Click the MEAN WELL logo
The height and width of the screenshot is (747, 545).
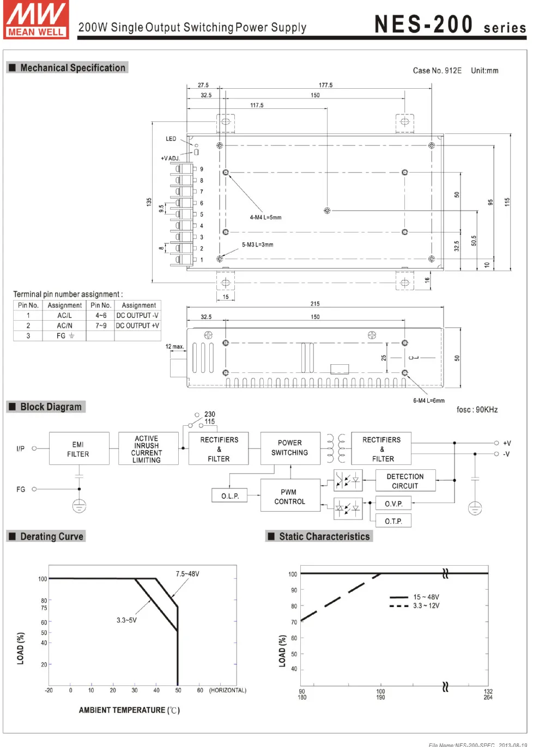pyautogui.click(x=36, y=20)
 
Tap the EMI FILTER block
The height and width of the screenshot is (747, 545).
pyautogui.click(x=79, y=449)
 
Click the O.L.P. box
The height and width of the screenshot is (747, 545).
pyautogui.click(x=229, y=495)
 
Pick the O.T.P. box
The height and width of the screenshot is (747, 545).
pyautogui.click(x=393, y=521)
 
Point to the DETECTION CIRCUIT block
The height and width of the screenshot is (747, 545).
pyautogui.click(x=405, y=481)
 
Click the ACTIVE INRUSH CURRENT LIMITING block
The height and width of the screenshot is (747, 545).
pyautogui.click(x=148, y=449)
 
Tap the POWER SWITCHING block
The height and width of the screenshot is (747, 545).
pyautogui.click(x=290, y=449)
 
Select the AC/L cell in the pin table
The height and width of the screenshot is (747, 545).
pyautogui.click(x=64, y=315)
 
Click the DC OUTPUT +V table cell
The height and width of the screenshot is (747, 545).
pyautogui.click(x=137, y=326)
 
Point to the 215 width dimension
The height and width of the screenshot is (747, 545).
pyautogui.click(x=315, y=304)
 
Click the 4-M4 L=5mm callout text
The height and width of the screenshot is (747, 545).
pyautogui.click(x=265, y=217)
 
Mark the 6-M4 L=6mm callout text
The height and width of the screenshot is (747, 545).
pyautogui.click(x=429, y=401)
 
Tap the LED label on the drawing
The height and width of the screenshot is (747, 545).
pyautogui.click(x=171, y=139)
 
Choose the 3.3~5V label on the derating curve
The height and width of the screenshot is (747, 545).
pyautogui.click(x=126, y=620)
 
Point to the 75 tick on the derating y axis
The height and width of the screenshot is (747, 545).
pyautogui.click(x=44, y=608)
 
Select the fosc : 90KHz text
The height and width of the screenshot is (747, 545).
pyautogui.click(x=477, y=409)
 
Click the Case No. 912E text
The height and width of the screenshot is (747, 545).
pyautogui.click(x=437, y=71)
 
